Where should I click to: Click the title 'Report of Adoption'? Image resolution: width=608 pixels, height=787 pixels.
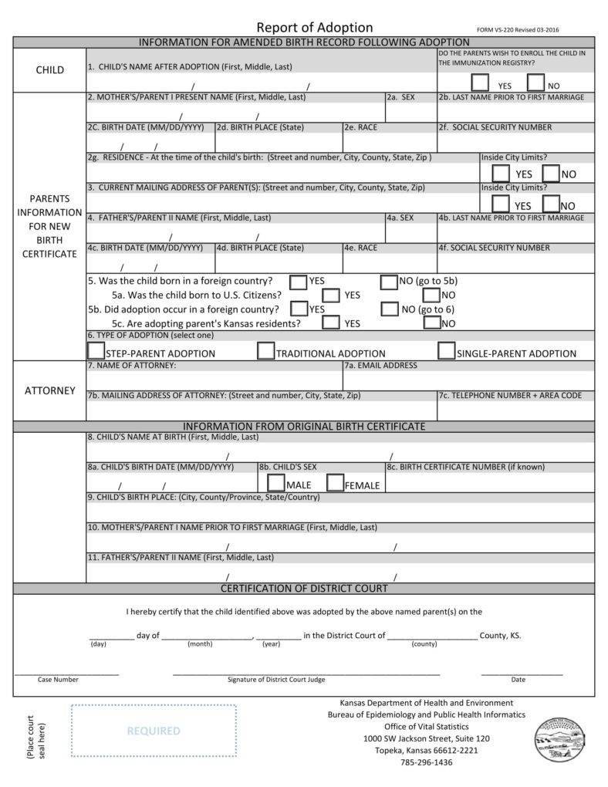314,28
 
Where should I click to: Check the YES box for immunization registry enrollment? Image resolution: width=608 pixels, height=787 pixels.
480,83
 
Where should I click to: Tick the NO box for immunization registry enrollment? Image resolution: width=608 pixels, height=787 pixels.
535,83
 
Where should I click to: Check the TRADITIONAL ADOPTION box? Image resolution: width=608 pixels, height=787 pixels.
265,351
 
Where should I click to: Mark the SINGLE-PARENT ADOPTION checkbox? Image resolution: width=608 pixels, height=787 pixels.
446,351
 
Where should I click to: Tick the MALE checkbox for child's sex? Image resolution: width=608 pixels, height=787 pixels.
275,483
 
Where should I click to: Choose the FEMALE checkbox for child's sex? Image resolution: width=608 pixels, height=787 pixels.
335,483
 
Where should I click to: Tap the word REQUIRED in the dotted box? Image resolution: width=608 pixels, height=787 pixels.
154,731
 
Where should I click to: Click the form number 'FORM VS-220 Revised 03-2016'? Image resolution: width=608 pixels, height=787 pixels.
518,30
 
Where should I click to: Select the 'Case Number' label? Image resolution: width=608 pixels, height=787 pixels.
58,680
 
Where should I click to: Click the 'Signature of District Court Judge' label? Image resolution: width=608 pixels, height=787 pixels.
276,680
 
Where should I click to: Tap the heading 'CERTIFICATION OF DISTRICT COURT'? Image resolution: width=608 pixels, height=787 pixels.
304,589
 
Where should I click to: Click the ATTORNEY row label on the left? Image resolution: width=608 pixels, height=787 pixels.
50,390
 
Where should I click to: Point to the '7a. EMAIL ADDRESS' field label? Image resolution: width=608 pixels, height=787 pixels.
380,366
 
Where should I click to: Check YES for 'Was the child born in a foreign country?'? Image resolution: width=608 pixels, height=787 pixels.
298,282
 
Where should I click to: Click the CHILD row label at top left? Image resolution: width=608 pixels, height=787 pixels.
50,70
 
